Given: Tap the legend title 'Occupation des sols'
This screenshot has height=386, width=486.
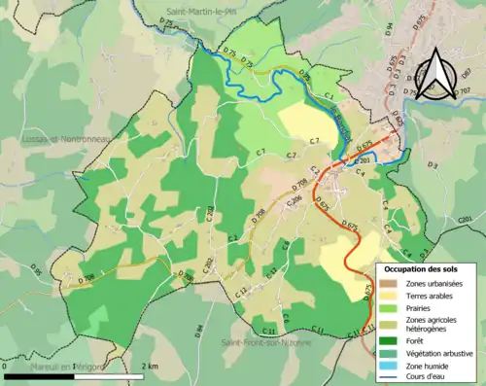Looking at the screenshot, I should [x=425, y=266].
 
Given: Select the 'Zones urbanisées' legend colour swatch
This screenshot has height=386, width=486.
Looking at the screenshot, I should [x=395, y=282].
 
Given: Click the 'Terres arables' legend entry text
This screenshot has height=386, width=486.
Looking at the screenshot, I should [x=434, y=295].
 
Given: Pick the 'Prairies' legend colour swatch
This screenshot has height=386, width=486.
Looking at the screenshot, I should [x=395, y=307].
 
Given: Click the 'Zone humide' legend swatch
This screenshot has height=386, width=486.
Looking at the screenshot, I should [x=395, y=366].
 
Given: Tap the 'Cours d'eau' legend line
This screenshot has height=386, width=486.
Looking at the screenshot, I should [x=395, y=377].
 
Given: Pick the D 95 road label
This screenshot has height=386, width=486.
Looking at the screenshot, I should [x=36, y=268].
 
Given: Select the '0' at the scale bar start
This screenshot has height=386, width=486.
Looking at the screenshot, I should [x=5, y=366].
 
